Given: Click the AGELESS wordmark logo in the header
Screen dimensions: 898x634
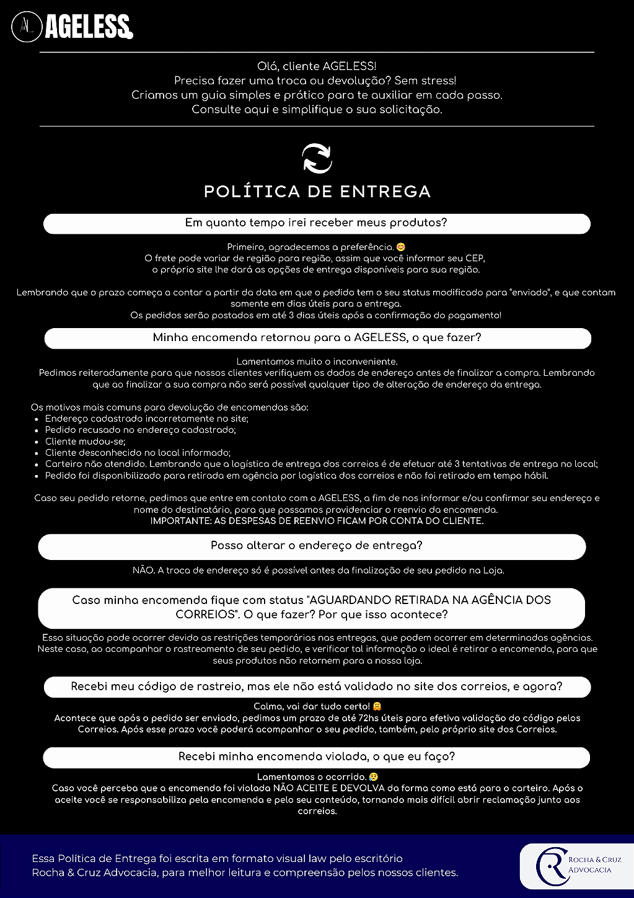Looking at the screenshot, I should pos(89,27).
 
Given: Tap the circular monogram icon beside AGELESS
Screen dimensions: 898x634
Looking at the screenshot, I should pos(26,27).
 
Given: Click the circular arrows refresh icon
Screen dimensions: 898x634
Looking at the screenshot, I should pos(317,158).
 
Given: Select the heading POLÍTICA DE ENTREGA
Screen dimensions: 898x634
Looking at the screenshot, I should pos(317,192).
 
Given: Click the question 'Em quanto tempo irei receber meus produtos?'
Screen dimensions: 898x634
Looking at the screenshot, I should pos(316,223).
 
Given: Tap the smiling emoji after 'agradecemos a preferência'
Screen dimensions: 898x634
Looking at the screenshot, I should pos(400,247).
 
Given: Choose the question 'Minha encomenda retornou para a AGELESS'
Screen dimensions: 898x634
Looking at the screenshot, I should pos(317,338).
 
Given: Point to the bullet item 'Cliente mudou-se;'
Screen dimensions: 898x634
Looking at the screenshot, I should pos(85,442).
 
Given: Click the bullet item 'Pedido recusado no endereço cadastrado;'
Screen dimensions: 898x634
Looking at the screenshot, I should pos(140,430).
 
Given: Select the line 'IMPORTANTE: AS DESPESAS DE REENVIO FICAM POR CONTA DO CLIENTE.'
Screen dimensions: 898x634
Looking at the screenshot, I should pos(317,521).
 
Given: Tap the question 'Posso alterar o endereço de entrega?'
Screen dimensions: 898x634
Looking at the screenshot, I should pos(316,546).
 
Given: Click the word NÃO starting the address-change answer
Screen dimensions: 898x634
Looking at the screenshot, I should pos(143,570).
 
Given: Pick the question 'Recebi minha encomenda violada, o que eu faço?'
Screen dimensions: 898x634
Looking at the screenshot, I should pos(317,757).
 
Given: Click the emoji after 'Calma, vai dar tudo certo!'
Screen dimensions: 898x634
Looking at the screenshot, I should pos(377,706).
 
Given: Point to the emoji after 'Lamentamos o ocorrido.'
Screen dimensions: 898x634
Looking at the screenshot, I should pos(373,776).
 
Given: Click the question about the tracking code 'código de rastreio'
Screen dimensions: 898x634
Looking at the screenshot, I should pos(317,687).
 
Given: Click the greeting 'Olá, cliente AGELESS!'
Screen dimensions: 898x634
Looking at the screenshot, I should pos(317,66).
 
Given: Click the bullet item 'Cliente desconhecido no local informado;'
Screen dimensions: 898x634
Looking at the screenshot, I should pos(138,453).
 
